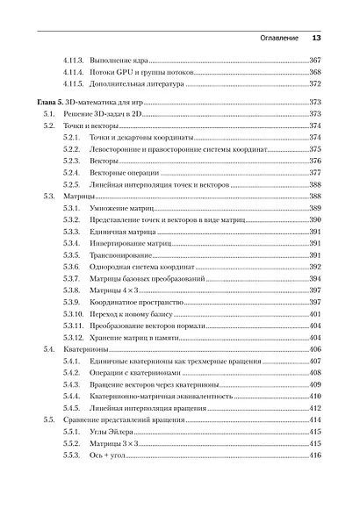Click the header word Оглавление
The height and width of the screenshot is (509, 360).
coord(273,39)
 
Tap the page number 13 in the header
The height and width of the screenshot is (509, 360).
coord(317,39)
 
